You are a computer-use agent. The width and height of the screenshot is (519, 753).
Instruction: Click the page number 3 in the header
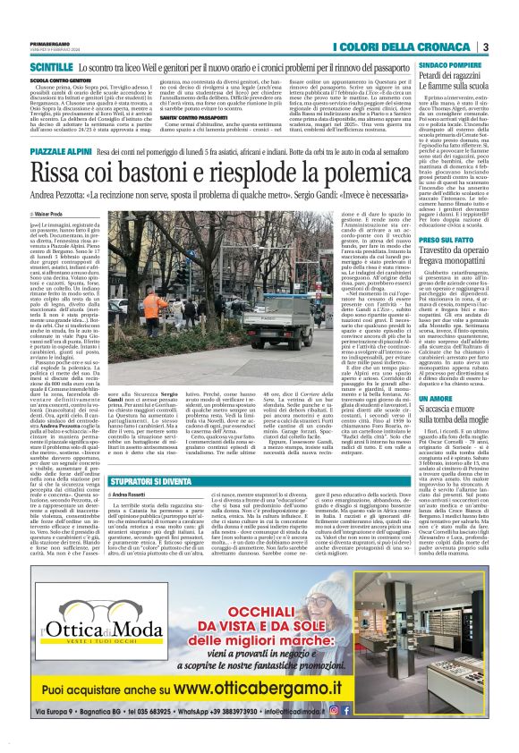[484, 47]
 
